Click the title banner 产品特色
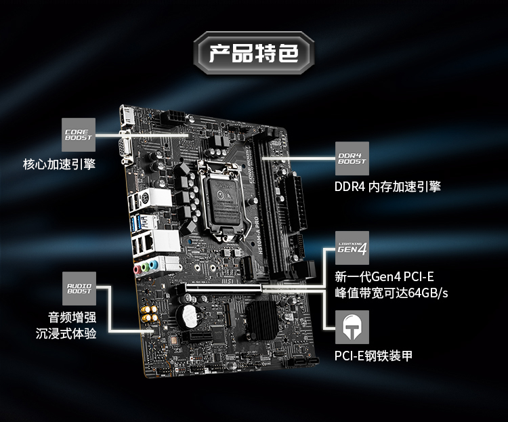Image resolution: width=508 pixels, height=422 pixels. click(x=253, y=52)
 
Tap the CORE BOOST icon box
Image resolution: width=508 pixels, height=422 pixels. click(x=79, y=134)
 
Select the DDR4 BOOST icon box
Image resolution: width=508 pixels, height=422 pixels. click(x=352, y=159)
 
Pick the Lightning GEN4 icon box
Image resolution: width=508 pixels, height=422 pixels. click(x=352, y=248)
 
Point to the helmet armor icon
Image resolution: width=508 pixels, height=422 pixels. click(x=352, y=327)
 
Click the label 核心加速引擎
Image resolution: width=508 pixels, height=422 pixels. click(x=59, y=165)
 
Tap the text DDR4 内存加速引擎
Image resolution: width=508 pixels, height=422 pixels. click(x=387, y=186)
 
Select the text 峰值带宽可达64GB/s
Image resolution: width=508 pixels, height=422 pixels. click(x=391, y=293)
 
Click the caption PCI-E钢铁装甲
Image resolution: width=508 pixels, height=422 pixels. click(x=373, y=356)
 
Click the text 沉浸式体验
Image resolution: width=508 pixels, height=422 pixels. click(x=66, y=333)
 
